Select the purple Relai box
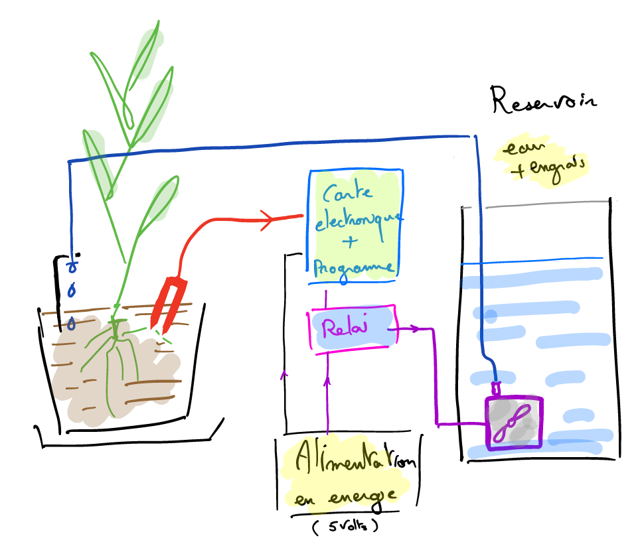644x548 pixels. (353, 328)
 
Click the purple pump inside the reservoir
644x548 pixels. (514, 422)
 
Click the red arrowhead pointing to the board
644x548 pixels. (269, 220)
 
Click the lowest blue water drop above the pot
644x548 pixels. (71, 324)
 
